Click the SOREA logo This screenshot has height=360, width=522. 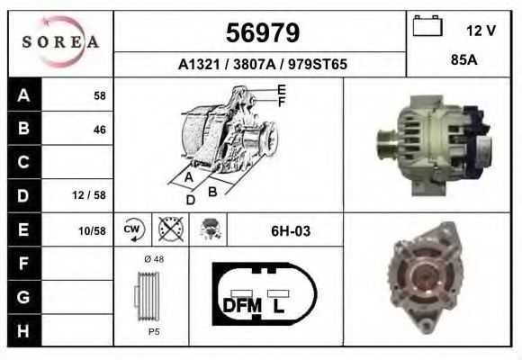pyautogui.click(x=59, y=42)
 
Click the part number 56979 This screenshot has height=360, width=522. pyautogui.click(x=261, y=33)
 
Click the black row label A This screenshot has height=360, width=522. pyautogui.click(x=23, y=95)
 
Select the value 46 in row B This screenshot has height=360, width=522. pyautogui.click(x=99, y=129)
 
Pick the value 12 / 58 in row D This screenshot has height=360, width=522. pyautogui.click(x=92, y=195)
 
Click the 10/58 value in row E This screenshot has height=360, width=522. pyautogui.click(x=92, y=230)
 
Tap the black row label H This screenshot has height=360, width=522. pyautogui.click(x=23, y=330)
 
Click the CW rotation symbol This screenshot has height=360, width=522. pyautogui.click(x=132, y=230)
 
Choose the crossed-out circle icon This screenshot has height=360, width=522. pyautogui.click(x=168, y=230)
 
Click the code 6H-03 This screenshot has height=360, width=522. pyautogui.click(x=290, y=231)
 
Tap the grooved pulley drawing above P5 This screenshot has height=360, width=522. pyautogui.click(x=148, y=296)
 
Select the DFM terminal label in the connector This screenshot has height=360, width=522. pyautogui.click(x=241, y=304)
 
